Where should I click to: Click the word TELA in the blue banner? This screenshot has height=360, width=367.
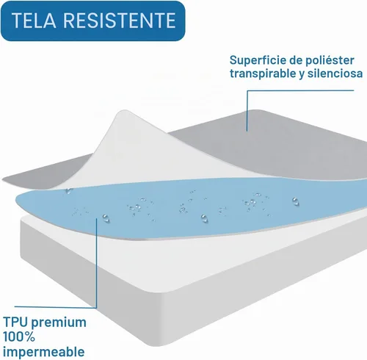pyautogui.click(x=34, y=21)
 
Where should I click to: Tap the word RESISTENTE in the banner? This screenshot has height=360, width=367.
pyautogui.click(x=120, y=21)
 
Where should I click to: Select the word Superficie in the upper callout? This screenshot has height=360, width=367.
pyautogui.click(x=258, y=60)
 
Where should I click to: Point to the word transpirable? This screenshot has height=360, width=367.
pyautogui.click(x=263, y=73)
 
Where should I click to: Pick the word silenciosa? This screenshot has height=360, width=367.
pyautogui.click(x=335, y=73)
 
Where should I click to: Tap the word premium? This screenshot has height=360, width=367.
pyautogui.click(x=59, y=323)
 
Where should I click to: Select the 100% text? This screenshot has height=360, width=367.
pyautogui.click(x=19, y=337)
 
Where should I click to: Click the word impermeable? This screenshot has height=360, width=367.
pyautogui.click(x=44, y=353)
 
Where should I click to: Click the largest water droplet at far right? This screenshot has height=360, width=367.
pyautogui.click(x=296, y=201)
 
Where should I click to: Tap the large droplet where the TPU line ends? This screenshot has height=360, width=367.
pyautogui.click(x=106, y=217)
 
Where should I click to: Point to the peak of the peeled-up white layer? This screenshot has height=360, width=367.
pyautogui.click(x=124, y=111)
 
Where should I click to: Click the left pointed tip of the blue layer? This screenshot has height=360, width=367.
pyautogui.click(x=16, y=201)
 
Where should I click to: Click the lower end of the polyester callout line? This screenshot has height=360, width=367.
pyautogui.click(x=247, y=131)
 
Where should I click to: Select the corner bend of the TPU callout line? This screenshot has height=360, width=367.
pyautogui.click(x=96, y=308)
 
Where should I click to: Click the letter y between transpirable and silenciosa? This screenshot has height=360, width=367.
pyautogui.click(x=302, y=74)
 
